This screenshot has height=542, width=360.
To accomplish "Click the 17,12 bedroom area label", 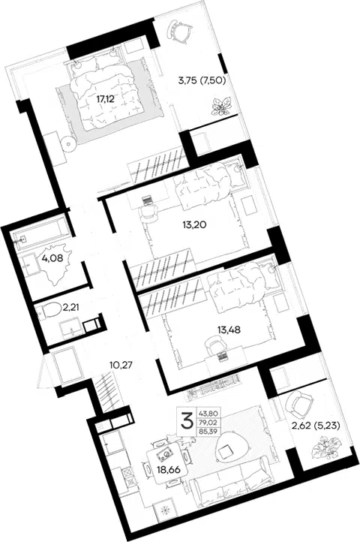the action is [105, 100].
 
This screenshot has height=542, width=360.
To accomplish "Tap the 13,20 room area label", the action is [194, 225].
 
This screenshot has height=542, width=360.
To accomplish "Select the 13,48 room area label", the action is [229, 330].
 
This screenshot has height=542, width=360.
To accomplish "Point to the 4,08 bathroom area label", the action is [52, 258].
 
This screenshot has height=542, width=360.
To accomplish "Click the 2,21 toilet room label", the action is [70, 307].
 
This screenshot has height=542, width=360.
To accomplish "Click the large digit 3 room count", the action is [187, 421].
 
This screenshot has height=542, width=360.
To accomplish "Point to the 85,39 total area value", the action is [208, 431].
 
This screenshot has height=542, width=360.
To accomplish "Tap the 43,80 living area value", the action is [208, 412].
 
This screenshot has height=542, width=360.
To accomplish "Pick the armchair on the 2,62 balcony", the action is [298, 404].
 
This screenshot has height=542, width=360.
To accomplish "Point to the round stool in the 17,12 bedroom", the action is [68, 143].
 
